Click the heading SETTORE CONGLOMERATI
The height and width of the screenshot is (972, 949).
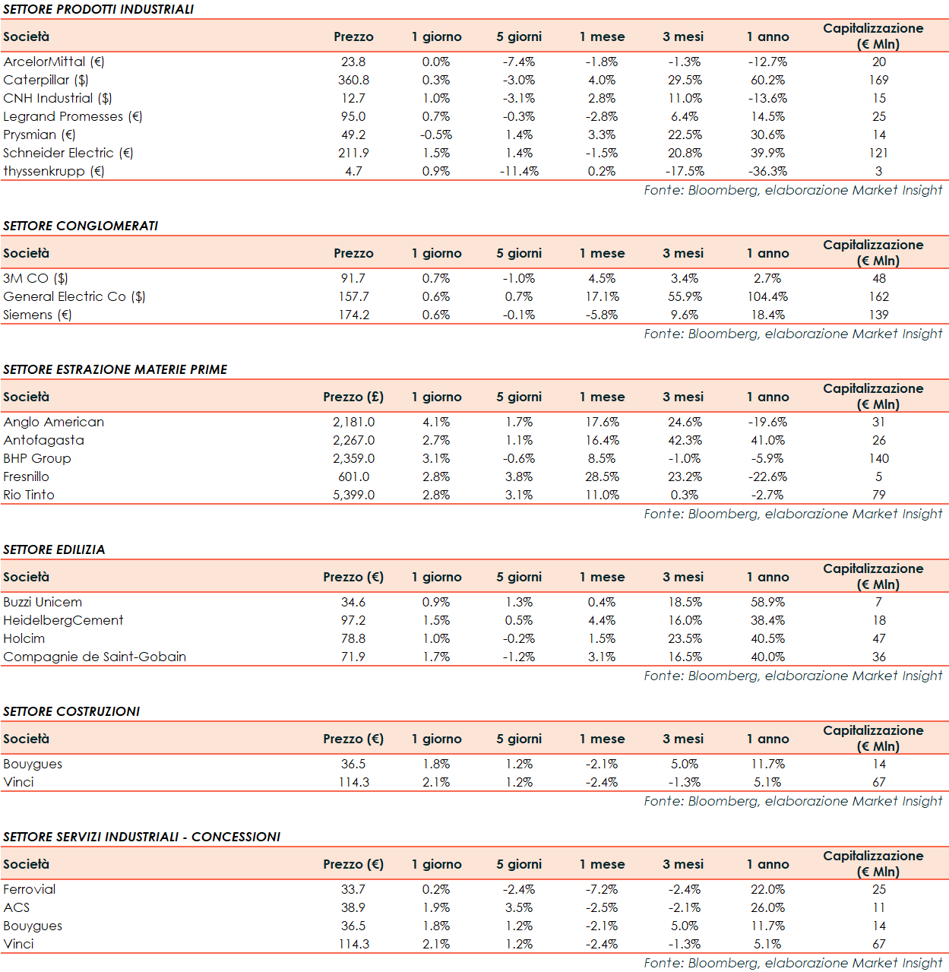coord(81,226)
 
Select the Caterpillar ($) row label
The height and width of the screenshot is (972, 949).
coord(46,80)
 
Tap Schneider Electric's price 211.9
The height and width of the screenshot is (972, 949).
coord(353,153)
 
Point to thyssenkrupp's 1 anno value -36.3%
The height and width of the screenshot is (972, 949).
coord(767,171)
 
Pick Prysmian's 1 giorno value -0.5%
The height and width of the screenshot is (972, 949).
coord(436,135)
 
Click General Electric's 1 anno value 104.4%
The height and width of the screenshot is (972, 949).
coord(767,296)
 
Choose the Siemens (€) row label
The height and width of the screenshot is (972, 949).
coord(37,315)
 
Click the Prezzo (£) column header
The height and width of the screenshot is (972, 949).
coord(353,397)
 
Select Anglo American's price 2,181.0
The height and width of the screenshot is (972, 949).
coord(353,422)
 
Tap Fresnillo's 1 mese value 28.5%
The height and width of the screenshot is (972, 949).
coord(602,477)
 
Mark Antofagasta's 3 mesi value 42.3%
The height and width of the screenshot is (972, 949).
coord(685,440)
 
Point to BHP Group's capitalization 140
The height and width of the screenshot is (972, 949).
coord(879,458)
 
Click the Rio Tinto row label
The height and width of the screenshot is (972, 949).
coord(29,495)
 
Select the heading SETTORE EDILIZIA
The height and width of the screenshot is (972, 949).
coord(54,549)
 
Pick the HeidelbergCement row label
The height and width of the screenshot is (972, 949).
coord(63,620)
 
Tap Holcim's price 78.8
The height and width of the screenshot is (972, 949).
coord(353,638)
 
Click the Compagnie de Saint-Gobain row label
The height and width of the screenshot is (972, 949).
coord(94,657)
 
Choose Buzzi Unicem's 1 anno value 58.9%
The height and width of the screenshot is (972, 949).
coord(767,602)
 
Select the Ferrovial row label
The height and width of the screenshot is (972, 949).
coord(30,889)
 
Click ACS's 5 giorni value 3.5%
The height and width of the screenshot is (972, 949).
coord(519,907)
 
